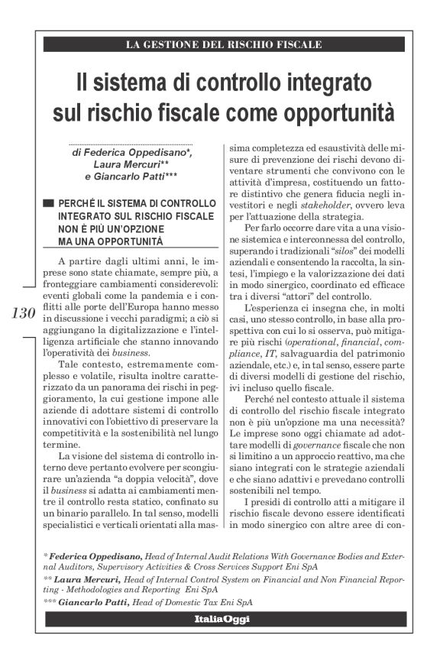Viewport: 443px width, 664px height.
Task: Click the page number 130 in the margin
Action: coord(24,313)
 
